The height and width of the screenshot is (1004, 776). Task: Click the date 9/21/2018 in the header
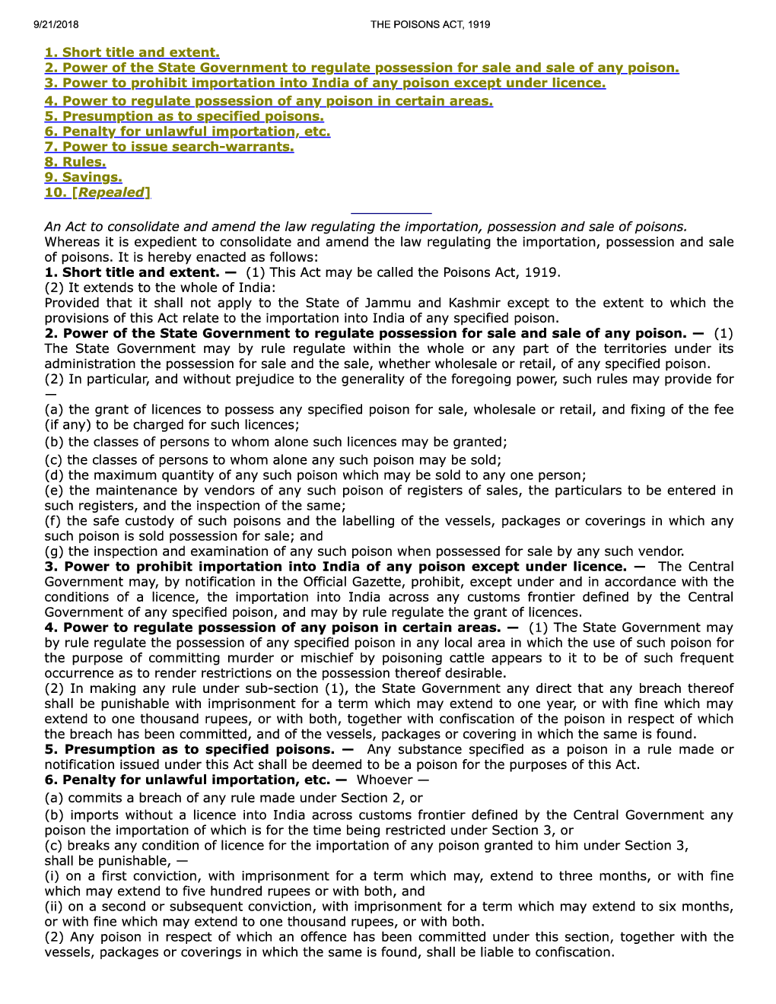(56, 24)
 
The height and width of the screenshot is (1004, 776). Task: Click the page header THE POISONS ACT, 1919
(430, 24)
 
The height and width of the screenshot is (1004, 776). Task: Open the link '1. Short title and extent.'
(132, 52)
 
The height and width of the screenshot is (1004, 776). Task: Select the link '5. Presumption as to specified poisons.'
(184, 116)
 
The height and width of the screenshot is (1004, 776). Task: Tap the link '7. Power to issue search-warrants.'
(169, 147)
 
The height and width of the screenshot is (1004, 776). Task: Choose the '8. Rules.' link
(75, 162)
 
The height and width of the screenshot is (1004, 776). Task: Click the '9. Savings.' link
(83, 177)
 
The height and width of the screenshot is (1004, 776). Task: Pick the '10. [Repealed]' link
(97, 192)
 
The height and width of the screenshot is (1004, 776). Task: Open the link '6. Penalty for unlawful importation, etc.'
(187, 132)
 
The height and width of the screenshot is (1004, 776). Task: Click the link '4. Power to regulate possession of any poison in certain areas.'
(269, 101)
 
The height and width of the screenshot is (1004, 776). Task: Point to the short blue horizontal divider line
(391, 214)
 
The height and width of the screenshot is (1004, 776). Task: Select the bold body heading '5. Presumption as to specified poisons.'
(189, 749)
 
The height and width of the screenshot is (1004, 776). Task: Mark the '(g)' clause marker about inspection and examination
(53, 551)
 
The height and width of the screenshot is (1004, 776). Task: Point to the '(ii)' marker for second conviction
(53, 907)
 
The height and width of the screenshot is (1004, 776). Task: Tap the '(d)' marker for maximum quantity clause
(54, 475)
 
